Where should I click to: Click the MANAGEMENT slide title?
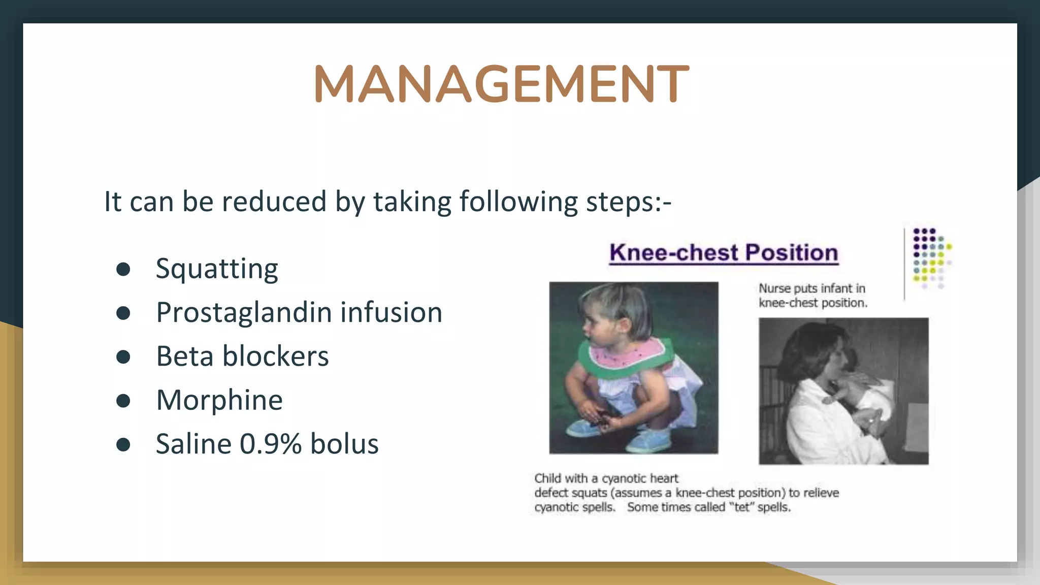coord(501,84)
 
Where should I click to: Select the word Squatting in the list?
coord(217,269)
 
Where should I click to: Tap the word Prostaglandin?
coord(243,313)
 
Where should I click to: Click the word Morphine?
coord(219,400)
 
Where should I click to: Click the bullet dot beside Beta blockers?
coord(123,356)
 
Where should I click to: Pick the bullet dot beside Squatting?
coord(123,269)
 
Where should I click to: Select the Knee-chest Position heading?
coord(724,253)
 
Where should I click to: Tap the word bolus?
coord(344,444)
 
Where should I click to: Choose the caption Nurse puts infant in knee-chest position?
coord(812,296)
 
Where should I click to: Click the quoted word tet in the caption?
coord(742,507)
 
